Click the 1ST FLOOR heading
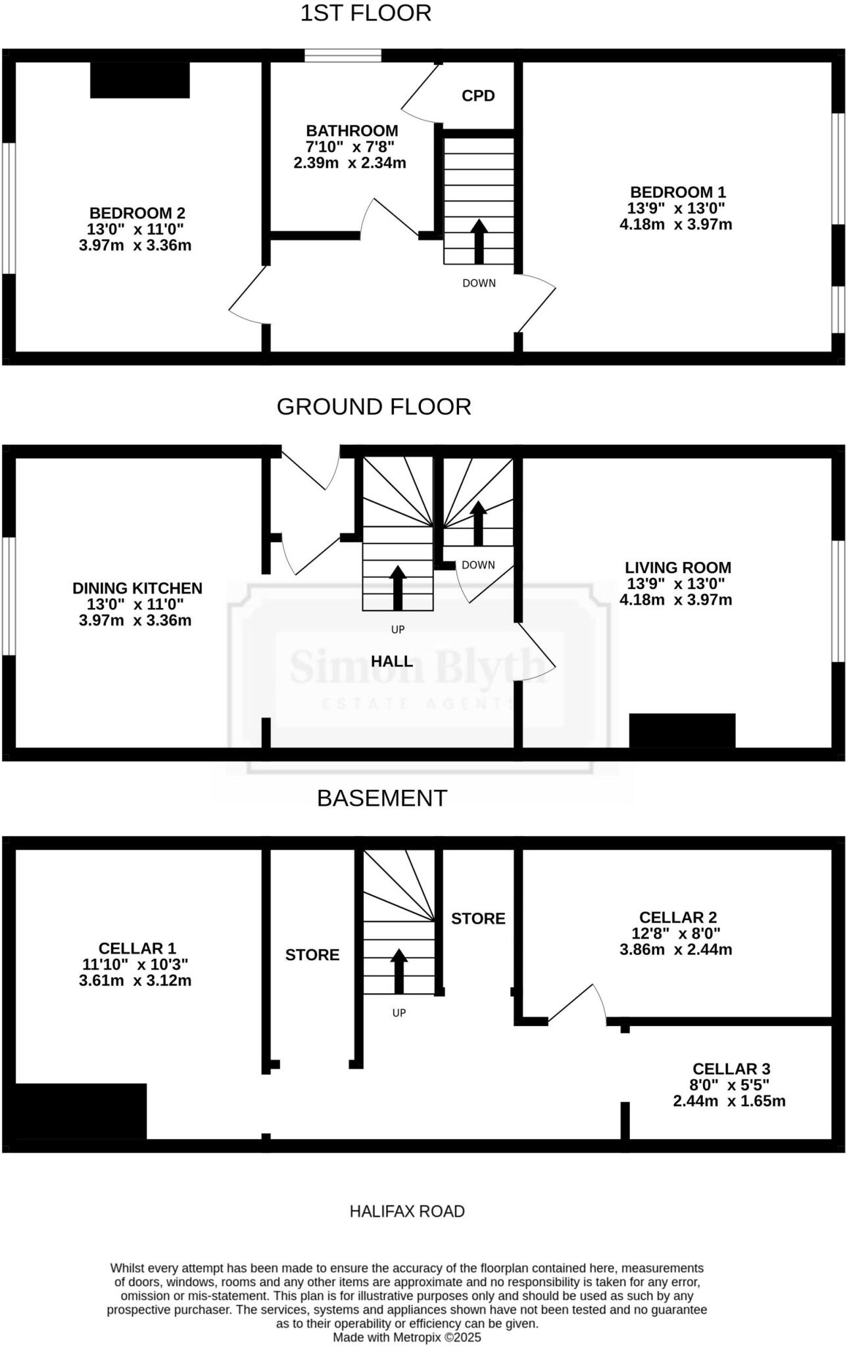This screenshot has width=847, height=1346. [366, 13]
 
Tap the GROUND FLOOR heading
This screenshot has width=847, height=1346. [374, 407]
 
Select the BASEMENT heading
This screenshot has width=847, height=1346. [382, 798]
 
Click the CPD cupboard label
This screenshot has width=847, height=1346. [478, 96]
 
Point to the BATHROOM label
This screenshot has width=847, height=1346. [352, 131]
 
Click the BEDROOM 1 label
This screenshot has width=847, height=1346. [677, 193]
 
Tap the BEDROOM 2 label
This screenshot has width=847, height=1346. [137, 214]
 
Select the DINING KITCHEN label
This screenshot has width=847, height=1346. [137, 588]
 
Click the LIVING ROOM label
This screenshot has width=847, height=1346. [677, 568]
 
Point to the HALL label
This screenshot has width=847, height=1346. [392, 661]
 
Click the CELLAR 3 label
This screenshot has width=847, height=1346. [731, 1069]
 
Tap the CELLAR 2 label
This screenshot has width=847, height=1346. [677, 917]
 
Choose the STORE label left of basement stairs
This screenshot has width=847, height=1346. [312, 955]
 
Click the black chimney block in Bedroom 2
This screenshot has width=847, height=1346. [140, 80]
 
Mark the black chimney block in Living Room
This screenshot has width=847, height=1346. [682, 730]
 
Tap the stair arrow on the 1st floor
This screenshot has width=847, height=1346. [479, 241]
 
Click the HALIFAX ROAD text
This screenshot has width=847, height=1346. [407, 1211]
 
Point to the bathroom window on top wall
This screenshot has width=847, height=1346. [343, 55]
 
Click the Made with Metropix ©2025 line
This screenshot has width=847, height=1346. [407, 1337]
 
